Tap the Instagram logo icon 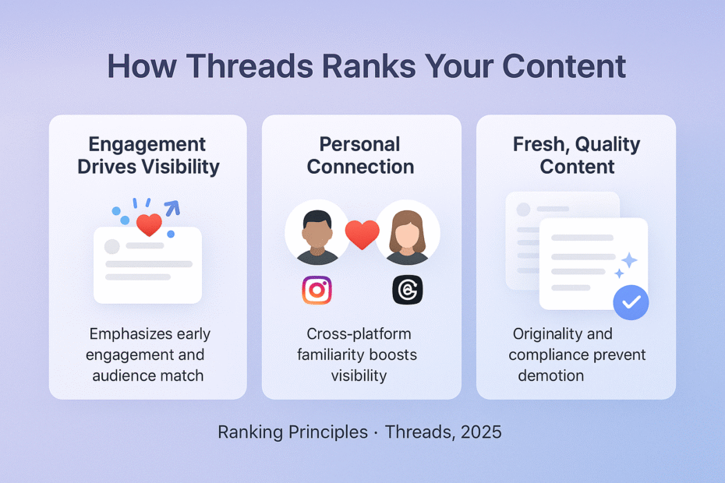317,291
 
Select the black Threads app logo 407,291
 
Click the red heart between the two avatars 362,234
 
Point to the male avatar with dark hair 317,233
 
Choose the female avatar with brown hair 408,233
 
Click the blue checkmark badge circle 631,302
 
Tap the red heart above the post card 149,225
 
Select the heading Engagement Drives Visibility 148,155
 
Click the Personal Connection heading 361,155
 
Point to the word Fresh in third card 539,144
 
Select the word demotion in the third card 550,375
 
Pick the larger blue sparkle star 628,260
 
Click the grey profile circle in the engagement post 111,246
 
